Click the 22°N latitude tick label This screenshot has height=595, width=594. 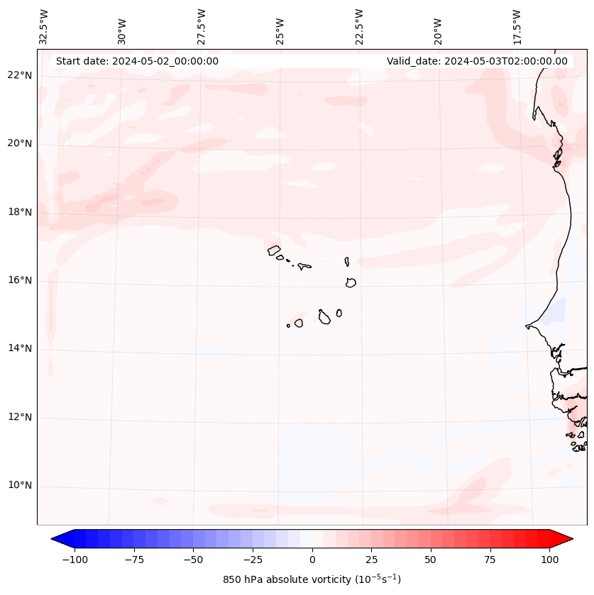(x=20, y=75)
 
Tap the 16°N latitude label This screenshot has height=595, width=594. (x=20, y=280)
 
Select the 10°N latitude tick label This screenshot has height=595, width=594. (x=20, y=486)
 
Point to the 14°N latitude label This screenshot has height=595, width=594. (x=20, y=348)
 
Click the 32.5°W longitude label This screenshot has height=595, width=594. (x=44, y=27)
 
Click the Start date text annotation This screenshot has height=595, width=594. (x=137, y=61)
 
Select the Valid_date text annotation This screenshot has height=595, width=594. (x=477, y=61)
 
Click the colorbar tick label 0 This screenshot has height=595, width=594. (x=312, y=560)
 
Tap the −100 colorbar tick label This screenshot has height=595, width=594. (x=75, y=560)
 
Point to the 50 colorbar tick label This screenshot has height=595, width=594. (x=431, y=560)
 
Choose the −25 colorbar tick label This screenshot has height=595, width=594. (x=253, y=560)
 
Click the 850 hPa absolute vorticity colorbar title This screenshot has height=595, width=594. (x=312, y=579)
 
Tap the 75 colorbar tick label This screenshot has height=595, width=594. (x=490, y=560)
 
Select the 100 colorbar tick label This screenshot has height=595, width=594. (x=550, y=560)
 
